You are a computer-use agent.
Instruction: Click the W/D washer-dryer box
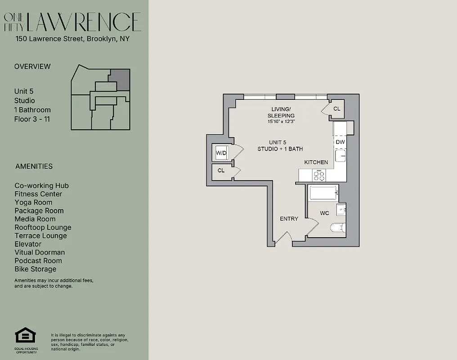click(x=221, y=153)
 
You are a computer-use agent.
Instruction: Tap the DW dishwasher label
click(x=341, y=142)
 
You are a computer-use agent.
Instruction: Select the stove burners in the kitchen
click(x=319, y=175)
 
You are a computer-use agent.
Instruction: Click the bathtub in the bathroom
click(x=323, y=194)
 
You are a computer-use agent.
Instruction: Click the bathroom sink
click(x=341, y=209)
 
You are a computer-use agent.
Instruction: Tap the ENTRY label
click(x=289, y=219)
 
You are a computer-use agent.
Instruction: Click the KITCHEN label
click(x=316, y=162)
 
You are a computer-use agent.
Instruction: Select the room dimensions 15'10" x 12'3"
click(x=282, y=121)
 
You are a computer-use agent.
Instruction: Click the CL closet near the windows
click(x=337, y=109)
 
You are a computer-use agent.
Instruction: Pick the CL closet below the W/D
click(x=221, y=171)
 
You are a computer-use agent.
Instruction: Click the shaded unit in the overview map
click(x=120, y=79)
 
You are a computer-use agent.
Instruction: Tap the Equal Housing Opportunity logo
click(x=25, y=336)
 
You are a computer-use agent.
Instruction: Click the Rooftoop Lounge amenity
click(x=43, y=227)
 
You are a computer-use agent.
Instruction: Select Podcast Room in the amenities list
click(x=38, y=261)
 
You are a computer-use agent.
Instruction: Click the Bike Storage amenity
click(x=36, y=269)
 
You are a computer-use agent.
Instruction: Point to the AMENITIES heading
click(x=34, y=166)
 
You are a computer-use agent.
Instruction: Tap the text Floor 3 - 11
click(x=32, y=119)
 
